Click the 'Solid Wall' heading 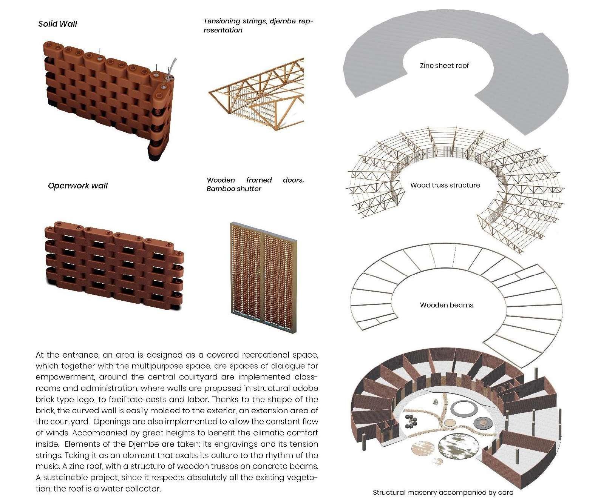(57, 24)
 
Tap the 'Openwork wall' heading (77, 186)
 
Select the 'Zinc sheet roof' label (444, 65)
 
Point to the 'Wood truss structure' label (445, 185)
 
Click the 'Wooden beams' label (446, 305)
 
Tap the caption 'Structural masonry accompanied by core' (443, 492)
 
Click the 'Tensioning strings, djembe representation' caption (258, 26)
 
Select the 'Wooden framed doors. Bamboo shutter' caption (255, 184)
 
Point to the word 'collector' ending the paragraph (145, 489)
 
